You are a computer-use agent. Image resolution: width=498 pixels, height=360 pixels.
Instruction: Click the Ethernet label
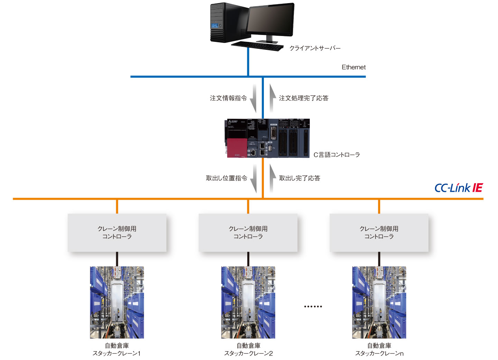[353, 67]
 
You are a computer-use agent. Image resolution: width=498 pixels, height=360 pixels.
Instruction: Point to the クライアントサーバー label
[315, 48]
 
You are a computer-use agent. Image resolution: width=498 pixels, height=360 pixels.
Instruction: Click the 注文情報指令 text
[228, 98]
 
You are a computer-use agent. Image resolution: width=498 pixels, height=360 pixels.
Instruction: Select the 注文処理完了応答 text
[304, 98]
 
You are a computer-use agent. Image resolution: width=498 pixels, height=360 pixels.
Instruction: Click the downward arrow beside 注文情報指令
[253, 98]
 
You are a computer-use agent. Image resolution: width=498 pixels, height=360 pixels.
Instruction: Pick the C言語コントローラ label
[336, 155]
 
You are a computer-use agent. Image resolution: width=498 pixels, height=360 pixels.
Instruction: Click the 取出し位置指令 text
[227, 178]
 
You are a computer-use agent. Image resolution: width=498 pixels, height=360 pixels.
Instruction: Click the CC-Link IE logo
[459, 188]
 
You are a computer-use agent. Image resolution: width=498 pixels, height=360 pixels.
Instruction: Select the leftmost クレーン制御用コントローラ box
[117, 233]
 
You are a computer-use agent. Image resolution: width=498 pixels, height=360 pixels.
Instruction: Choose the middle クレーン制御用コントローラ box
[248, 233]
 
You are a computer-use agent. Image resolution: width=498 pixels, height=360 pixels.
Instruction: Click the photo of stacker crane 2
[248, 302]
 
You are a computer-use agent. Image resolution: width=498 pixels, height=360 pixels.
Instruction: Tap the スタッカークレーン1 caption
[117, 353]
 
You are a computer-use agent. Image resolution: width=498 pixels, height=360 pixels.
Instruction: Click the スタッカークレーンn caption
[379, 353]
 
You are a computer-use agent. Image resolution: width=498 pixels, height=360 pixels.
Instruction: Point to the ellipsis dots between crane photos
[313, 306]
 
